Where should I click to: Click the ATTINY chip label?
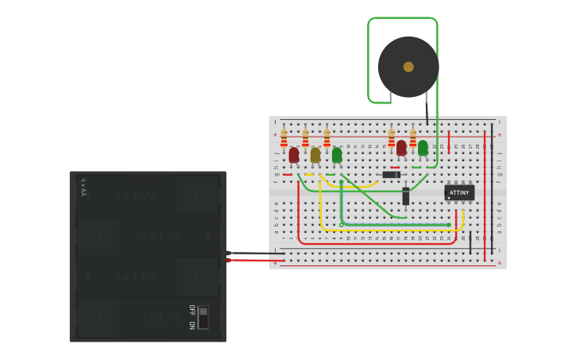(x=459, y=192)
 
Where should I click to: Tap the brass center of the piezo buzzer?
(x=408, y=67)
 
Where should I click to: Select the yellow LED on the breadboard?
(x=315, y=155)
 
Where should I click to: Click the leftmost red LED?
(x=294, y=155)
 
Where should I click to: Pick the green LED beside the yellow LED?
(x=337, y=155)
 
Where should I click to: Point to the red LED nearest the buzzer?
(x=401, y=148)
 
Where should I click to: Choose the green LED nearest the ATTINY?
(x=423, y=148)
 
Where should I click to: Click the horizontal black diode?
(x=391, y=175)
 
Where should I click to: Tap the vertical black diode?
(x=406, y=195)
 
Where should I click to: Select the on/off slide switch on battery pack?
(x=203, y=317)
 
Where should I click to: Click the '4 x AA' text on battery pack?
(x=83, y=188)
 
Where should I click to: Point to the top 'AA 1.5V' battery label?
(x=133, y=195)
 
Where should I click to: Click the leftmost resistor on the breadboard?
(x=284, y=139)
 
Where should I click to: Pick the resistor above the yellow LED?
(x=305, y=139)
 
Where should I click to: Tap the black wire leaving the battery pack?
(x=254, y=254)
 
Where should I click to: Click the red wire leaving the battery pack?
(x=254, y=260)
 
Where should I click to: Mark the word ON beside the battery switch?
(x=191, y=324)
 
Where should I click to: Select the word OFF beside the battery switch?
(x=191, y=310)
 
